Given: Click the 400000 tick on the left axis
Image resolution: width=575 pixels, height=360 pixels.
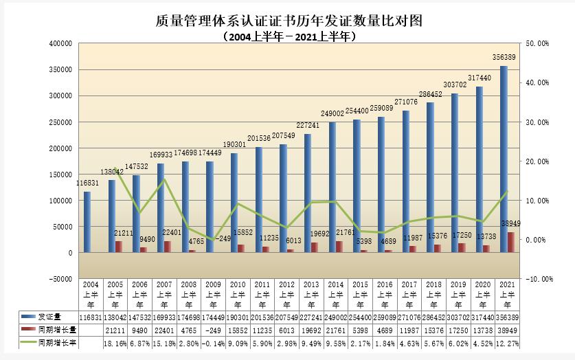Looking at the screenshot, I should pyautogui.click(x=61, y=43).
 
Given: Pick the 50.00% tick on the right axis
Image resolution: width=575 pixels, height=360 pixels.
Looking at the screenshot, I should pyautogui.click(x=537, y=43).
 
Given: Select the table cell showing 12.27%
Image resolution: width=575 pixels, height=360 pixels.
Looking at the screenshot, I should pyautogui.click(x=508, y=341).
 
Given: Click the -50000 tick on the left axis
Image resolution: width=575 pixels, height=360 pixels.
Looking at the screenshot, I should pyautogui.click(x=60, y=279).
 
